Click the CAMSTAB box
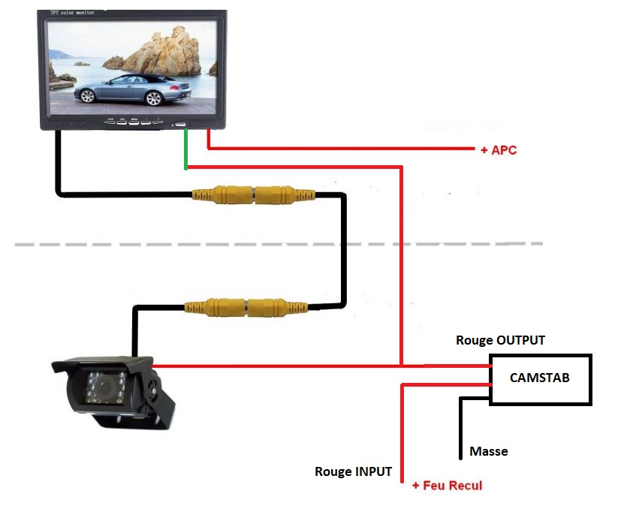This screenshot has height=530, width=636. pos(540,379)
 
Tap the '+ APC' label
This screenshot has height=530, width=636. pos(498,150)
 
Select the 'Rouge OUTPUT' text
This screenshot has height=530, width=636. pos(500,340)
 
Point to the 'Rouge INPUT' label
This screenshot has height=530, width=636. pos(353,471)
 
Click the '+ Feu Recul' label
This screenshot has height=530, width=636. pos(447,485)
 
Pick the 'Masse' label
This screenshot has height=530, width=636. pos(489,451)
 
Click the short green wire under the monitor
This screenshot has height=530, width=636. pos(186,149)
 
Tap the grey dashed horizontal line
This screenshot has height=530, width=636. pos(278,244)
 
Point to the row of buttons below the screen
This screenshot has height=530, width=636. pos(134,121)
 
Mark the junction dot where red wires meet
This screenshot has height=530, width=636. pos(402,366)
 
